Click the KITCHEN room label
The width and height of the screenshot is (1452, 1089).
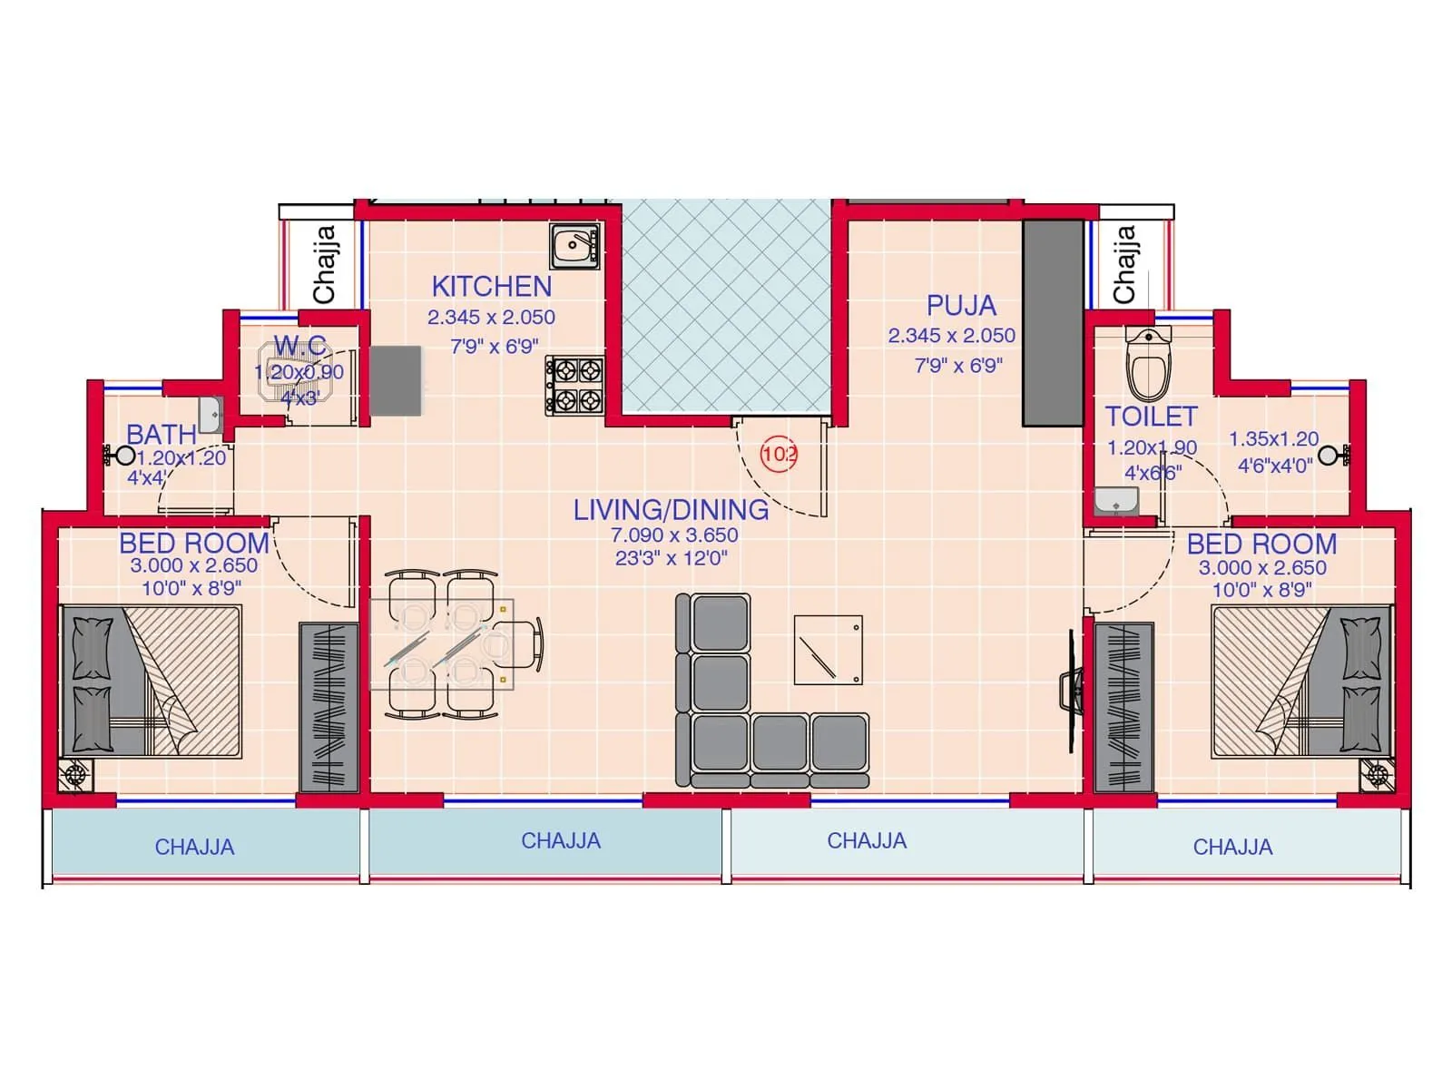click(491, 287)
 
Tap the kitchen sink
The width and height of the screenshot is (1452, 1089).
click(574, 246)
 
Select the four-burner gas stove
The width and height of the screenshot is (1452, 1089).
click(574, 385)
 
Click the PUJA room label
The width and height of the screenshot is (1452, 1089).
click(961, 306)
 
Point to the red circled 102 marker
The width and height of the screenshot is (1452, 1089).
click(779, 454)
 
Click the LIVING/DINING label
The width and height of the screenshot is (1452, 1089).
click(671, 510)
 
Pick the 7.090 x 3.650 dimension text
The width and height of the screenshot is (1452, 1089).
click(673, 535)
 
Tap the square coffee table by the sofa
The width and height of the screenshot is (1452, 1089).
click(828, 650)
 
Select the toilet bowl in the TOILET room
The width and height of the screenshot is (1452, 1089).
click(1148, 365)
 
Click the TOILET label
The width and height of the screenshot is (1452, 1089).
click(1151, 417)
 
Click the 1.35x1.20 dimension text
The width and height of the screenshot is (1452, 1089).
click(1273, 439)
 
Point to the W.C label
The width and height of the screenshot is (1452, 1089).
click(300, 346)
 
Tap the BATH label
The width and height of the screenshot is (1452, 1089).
click(162, 435)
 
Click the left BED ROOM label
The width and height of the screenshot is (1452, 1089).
click(194, 544)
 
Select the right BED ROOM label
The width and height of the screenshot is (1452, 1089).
click(1261, 544)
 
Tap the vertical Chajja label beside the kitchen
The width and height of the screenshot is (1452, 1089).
click(324, 264)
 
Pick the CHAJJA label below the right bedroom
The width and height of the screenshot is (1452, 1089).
click(1232, 848)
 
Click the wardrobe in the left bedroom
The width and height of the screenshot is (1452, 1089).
click(329, 707)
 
